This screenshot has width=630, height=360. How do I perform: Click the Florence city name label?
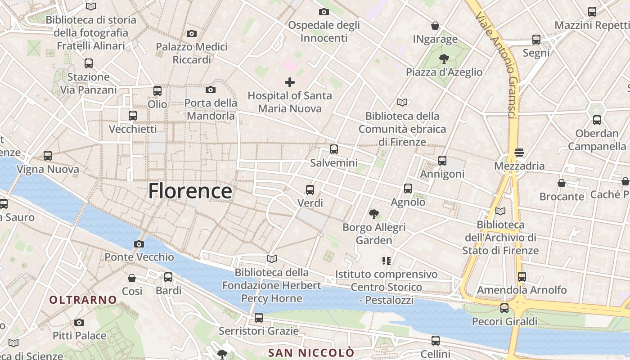[x=190, y=191]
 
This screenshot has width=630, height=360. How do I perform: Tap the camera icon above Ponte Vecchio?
[x=139, y=244]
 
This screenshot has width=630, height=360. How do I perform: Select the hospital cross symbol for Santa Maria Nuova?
[x=290, y=82]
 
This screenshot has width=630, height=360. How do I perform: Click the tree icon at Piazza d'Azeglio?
[x=444, y=58]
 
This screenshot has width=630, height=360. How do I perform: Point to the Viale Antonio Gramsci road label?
[x=498, y=65]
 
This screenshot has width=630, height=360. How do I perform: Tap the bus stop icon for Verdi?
[x=310, y=189]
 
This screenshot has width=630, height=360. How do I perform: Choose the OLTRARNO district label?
[x=83, y=300]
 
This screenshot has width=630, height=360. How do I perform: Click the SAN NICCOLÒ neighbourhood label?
[x=311, y=352]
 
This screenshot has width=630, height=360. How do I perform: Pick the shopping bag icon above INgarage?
[x=435, y=26]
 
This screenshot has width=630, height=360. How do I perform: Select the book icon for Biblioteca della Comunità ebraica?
[x=402, y=102]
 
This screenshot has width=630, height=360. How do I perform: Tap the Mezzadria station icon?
[x=519, y=152]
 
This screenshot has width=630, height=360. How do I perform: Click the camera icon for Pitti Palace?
[x=79, y=322]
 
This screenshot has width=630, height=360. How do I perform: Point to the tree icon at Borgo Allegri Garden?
[x=373, y=214]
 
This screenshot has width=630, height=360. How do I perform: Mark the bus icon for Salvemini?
[x=333, y=149]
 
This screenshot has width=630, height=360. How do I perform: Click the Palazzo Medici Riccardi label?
[x=192, y=53]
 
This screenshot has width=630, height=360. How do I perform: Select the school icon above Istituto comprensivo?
[x=386, y=261]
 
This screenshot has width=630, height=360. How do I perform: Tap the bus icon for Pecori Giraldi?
[x=504, y=308]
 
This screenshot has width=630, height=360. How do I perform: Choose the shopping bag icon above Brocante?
[x=562, y=183]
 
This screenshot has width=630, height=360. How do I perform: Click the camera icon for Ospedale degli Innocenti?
[x=324, y=12]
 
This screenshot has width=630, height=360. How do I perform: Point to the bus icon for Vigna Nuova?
[x=48, y=156]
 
